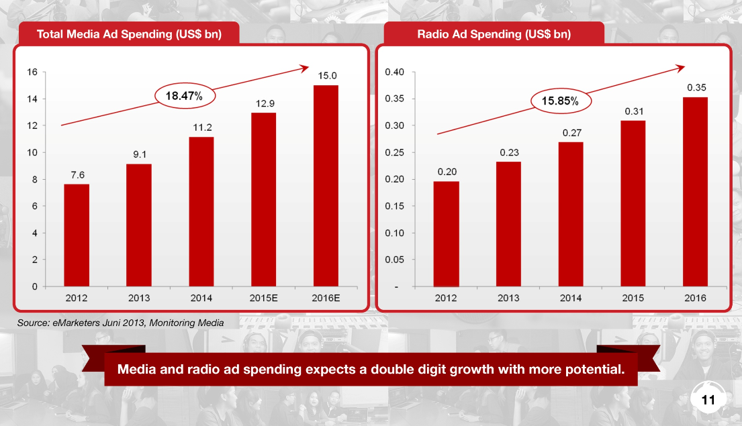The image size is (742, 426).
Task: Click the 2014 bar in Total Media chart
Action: (201, 211)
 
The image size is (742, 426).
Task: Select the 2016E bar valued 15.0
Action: (326, 186)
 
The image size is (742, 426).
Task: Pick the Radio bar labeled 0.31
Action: (633, 203)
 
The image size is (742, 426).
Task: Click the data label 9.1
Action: (139, 154)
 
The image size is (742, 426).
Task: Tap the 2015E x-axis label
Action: (263, 298)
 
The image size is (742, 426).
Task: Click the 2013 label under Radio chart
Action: (508, 298)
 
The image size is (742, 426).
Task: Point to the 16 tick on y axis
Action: (32, 72)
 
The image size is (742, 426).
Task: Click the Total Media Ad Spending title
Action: (128, 34)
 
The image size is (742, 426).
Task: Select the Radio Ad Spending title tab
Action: (494, 34)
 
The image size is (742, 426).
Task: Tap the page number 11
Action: (708, 401)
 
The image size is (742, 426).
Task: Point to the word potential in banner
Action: (594, 370)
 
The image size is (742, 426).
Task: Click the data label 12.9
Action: (263, 103)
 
